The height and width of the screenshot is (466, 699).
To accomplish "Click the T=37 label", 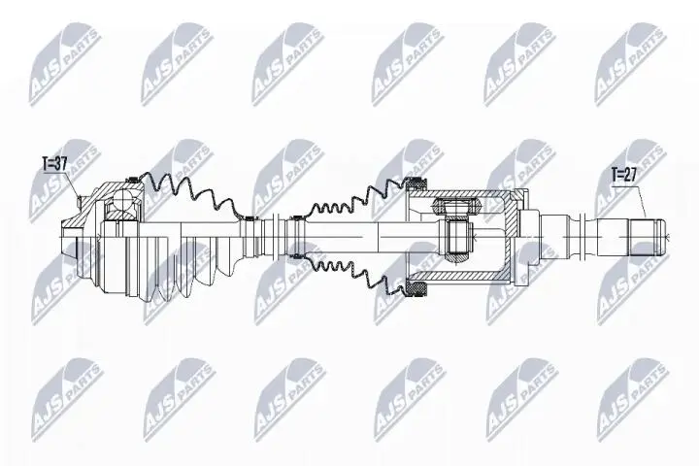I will click(53, 163).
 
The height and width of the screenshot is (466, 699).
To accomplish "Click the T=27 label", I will click(625, 176).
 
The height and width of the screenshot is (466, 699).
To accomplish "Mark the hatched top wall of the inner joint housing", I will click(461, 195).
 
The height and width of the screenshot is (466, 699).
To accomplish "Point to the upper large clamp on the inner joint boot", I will click(415, 185).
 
